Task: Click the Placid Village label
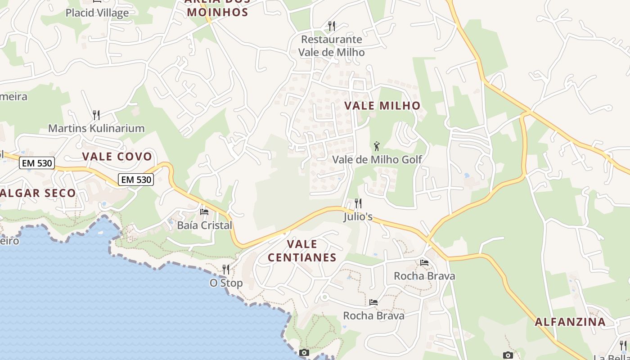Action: click(x=97, y=13)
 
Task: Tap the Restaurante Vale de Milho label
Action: click(x=332, y=46)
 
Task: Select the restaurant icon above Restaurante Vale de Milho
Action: click(x=332, y=26)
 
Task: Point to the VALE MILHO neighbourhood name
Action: click(x=382, y=106)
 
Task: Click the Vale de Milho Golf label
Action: click(x=377, y=159)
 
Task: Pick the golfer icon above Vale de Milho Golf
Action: click(x=377, y=146)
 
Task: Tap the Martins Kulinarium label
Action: click(x=96, y=128)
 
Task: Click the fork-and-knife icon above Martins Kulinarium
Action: click(x=96, y=115)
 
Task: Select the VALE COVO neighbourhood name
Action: click(x=117, y=157)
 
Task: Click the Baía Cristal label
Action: click(x=205, y=225)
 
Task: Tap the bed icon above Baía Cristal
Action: click(x=204, y=211)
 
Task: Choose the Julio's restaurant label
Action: click(x=358, y=217)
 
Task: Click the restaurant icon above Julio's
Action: click(x=358, y=203)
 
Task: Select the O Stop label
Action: click(x=226, y=283)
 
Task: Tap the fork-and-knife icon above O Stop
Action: click(x=226, y=270)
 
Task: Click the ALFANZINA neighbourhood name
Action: click(x=570, y=322)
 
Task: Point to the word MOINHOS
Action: click(x=218, y=12)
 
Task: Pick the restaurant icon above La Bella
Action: click(x=623, y=345)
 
